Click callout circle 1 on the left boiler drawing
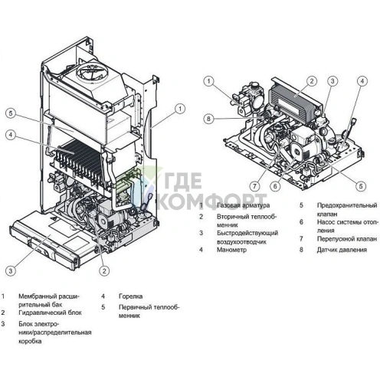coord(179,109)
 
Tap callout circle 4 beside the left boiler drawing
coord(10,136)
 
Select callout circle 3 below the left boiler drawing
coord(10,270)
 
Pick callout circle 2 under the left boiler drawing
coord(104,270)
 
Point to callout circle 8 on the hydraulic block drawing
coord(207,118)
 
